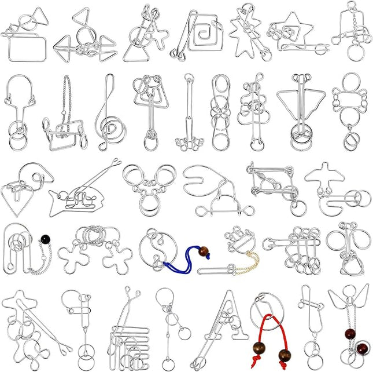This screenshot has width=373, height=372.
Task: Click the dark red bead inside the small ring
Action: [x=361, y=349]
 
